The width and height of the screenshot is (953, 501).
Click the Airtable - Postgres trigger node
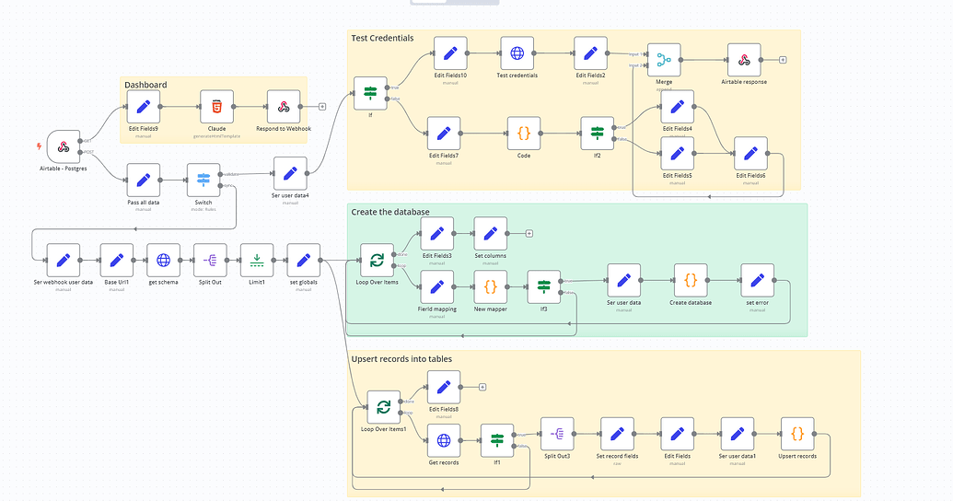[x=64, y=146]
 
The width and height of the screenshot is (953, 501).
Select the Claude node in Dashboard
[x=216, y=107]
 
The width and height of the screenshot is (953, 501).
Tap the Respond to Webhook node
[x=284, y=107]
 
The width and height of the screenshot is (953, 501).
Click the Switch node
[x=203, y=181]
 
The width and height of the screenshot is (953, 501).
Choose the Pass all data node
[x=143, y=181]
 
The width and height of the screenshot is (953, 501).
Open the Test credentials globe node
[x=517, y=53]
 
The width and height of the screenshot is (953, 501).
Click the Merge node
[x=663, y=60]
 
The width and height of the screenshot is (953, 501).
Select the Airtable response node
[x=743, y=60]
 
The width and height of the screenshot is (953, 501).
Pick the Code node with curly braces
[x=523, y=133]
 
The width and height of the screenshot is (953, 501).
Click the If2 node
[x=597, y=133]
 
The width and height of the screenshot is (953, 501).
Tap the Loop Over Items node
[x=376, y=261]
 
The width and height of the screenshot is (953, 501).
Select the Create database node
[x=691, y=280]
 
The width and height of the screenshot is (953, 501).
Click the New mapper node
[x=491, y=286]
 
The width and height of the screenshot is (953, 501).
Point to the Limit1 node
[x=257, y=260]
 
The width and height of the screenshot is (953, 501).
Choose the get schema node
[x=163, y=260]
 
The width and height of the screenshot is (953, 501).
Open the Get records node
[x=444, y=440]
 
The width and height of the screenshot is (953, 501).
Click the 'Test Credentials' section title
[x=382, y=39]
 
